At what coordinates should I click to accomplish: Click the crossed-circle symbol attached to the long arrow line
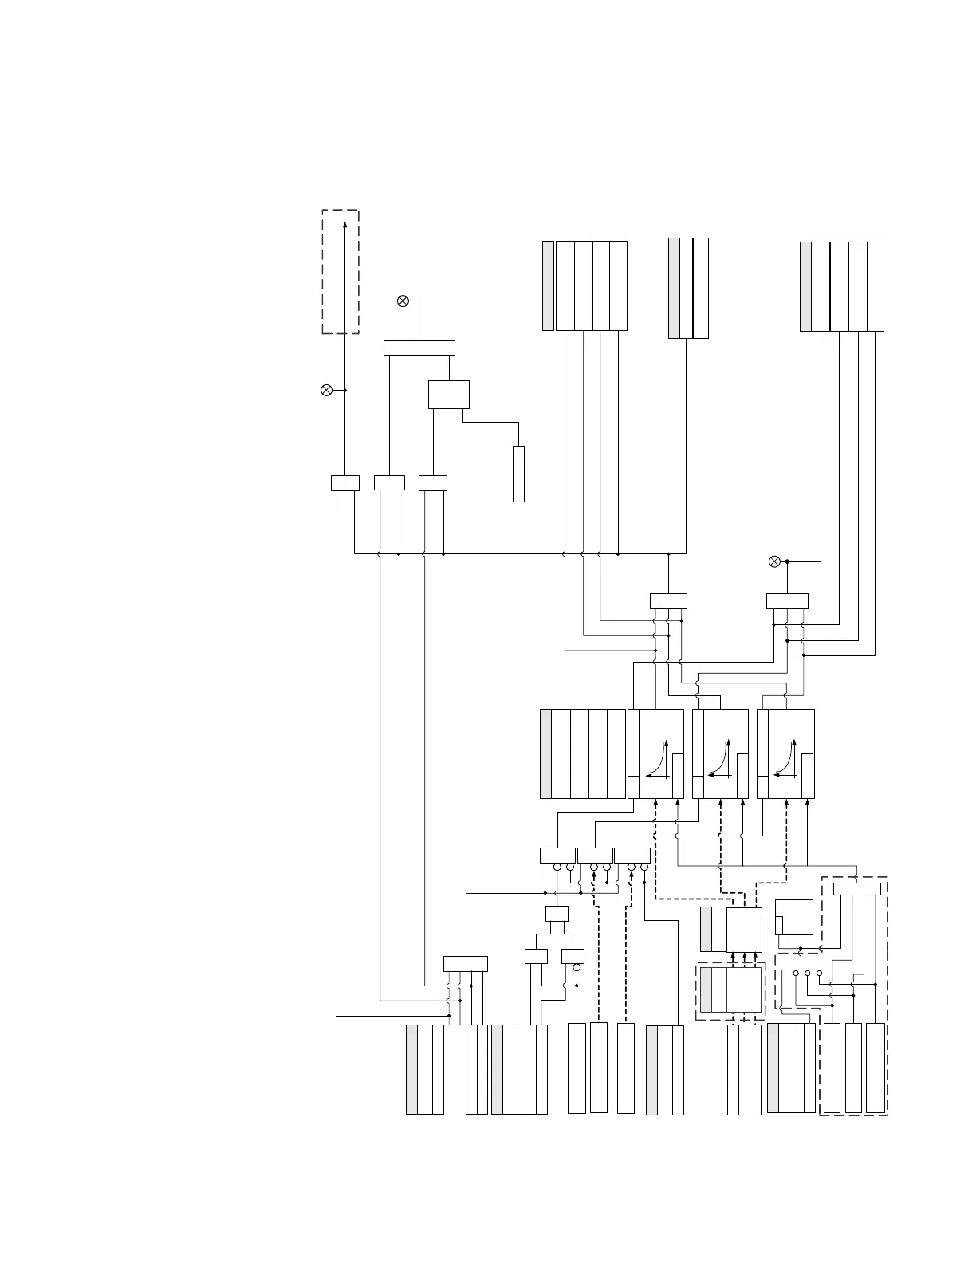pyautogui.click(x=326, y=390)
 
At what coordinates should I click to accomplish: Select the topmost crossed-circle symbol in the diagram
pyautogui.click(x=403, y=301)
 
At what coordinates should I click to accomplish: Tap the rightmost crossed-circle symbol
pyautogui.click(x=773, y=561)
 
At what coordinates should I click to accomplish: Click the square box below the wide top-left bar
pyautogui.click(x=448, y=395)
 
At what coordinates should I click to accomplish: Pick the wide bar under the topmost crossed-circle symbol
pyautogui.click(x=419, y=348)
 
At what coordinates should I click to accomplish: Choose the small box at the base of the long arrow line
pyautogui.click(x=344, y=482)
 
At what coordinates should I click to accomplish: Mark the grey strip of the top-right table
pyautogui.click(x=805, y=285)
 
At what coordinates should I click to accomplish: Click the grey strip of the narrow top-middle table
pyautogui.click(x=674, y=288)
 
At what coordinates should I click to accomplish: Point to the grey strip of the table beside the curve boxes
pyautogui.click(x=545, y=753)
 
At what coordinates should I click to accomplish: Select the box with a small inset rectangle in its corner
pyautogui.click(x=793, y=917)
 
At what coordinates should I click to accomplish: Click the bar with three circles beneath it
pyautogui.click(x=800, y=964)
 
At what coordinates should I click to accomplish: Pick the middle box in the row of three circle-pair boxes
pyautogui.click(x=595, y=856)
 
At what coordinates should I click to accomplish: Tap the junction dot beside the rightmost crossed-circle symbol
pyautogui.click(x=787, y=561)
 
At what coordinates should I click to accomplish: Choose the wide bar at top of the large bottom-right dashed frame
pyautogui.click(x=856, y=889)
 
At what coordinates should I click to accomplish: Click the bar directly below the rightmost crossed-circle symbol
pyautogui.click(x=787, y=601)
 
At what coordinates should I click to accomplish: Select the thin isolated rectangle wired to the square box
pyautogui.click(x=518, y=474)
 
